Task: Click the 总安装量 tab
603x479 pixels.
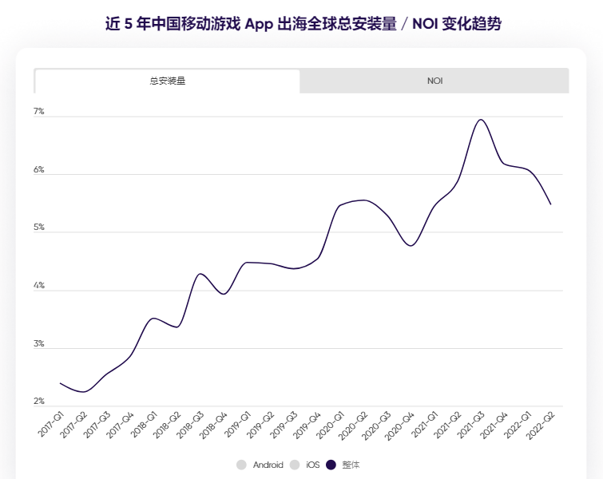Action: point(167,81)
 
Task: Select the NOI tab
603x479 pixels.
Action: point(434,81)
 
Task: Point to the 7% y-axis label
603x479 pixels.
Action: point(38,112)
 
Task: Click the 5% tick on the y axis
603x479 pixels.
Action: point(38,228)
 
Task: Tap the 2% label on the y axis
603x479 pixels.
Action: point(38,402)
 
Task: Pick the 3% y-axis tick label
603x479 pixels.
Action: point(38,344)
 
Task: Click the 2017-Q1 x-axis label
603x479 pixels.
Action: point(51,424)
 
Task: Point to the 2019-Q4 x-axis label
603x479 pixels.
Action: point(308,424)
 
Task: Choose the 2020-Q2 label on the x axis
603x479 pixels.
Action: point(355,424)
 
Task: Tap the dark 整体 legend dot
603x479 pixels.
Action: point(332,465)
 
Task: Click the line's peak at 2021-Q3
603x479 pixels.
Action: point(481,120)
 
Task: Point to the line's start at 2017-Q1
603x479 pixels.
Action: point(60,383)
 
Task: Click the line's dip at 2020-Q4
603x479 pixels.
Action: point(411,246)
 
